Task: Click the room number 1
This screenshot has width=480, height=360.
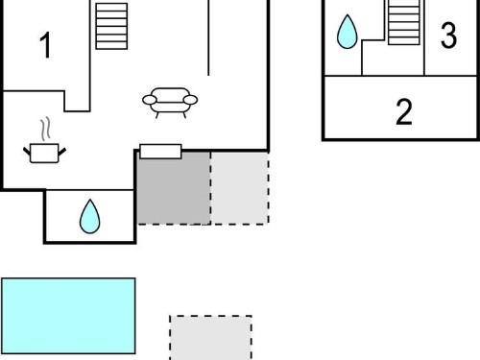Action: point(46,45)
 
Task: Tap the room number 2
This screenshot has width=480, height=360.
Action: point(404,111)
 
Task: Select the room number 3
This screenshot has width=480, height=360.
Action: point(448,36)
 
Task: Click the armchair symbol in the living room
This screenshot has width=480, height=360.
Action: point(170,103)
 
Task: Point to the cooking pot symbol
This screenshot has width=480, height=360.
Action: point(44,153)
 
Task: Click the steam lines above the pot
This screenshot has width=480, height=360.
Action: point(46,129)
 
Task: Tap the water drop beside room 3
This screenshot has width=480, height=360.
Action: point(348,32)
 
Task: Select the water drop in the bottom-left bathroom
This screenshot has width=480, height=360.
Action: point(90,217)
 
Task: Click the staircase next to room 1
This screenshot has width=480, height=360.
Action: point(111,26)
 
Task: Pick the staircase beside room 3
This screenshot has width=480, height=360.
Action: point(404,22)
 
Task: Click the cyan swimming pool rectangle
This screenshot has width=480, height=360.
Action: point(68,316)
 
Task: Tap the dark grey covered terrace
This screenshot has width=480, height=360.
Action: point(174,188)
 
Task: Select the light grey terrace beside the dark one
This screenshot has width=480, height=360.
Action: point(240,188)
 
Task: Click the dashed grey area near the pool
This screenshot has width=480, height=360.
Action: point(210,338)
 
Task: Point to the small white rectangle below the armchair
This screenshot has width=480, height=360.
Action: point(160,152)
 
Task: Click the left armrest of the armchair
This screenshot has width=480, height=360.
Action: point(150,100)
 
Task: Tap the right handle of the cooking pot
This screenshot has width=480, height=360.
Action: point(62,152)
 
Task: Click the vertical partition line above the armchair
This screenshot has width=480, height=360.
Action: point(208,37)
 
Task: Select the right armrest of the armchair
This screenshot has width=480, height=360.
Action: point(191,100)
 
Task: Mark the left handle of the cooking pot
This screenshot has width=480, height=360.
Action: point(27,152)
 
